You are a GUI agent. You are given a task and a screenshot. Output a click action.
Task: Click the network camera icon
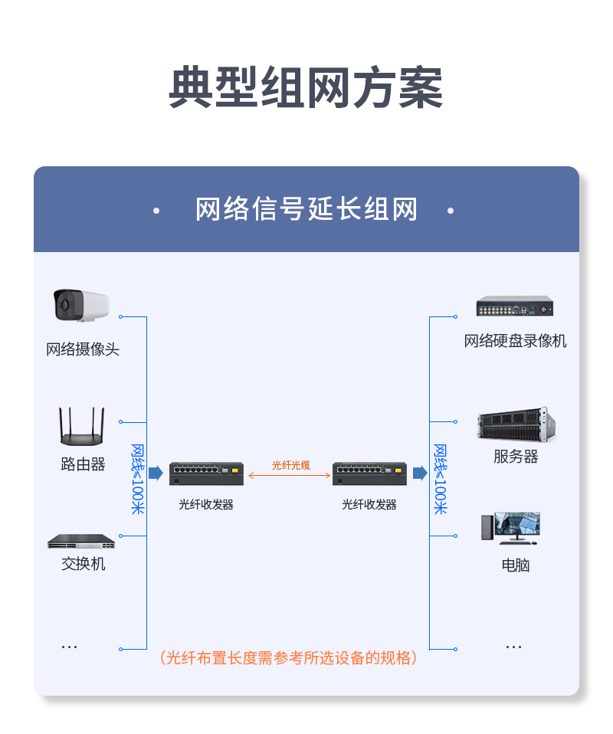coord(81,305)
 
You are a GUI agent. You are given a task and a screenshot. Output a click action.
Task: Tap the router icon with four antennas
coord(81,426)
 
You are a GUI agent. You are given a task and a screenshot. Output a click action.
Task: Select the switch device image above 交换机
coord(81,541)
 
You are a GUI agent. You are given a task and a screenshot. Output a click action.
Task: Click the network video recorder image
coord(515,306)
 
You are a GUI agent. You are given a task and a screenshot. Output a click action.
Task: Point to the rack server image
coord(516,424)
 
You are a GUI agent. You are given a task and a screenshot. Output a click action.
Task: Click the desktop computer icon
coord(510,528)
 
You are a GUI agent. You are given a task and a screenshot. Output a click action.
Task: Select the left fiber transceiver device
coord(206,473)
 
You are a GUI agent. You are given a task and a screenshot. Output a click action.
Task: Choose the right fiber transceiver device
coord(369,473)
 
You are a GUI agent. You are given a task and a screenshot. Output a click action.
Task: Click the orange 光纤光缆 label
coord(291,465)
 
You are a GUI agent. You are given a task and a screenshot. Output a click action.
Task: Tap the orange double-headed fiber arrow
coord(290,476)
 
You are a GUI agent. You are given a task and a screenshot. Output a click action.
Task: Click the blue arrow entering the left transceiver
coord(156,473)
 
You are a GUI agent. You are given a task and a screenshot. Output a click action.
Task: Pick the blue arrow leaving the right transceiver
coord(420,473)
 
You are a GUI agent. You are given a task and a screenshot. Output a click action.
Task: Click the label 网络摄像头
coord(83,349)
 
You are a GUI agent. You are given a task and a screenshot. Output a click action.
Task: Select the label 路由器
coord(83,464)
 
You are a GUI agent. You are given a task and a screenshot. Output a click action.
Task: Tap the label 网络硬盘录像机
coord(515,341)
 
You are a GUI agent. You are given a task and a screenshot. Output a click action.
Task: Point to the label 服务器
coord(516,457)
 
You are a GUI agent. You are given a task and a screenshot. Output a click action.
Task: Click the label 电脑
coord(516,565)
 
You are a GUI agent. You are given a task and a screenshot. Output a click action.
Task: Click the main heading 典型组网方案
coord(306,87)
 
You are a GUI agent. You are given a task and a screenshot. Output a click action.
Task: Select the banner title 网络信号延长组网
coord(306,209)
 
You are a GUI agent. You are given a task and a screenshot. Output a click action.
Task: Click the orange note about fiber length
coord(288,657)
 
